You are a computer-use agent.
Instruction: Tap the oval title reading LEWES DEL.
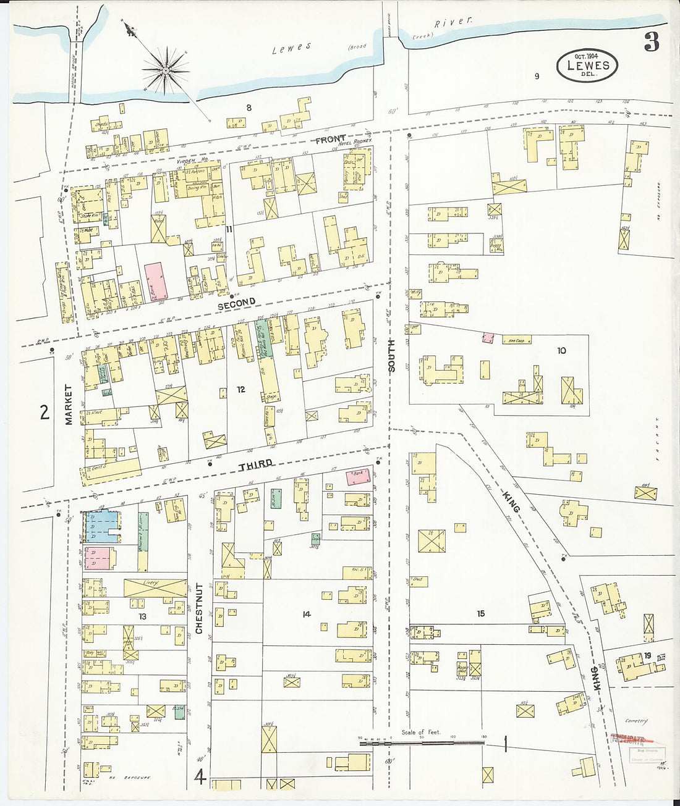click(587, 65)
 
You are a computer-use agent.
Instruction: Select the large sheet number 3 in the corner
click(651, 42)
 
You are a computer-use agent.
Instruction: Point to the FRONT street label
click(331, 140)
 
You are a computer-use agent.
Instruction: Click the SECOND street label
click(236, 302)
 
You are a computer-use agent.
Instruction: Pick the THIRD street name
click(255, 463)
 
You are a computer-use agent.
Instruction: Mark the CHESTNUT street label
click(199, 608)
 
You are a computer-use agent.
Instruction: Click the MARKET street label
click(69, 405)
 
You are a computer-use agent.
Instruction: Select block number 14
click(305, 613)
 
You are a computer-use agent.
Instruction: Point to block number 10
click(561, 351)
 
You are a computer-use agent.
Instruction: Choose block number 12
click(240, 389)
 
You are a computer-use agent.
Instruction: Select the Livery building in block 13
click(155, 587)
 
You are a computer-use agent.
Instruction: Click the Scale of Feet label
click(421, 732)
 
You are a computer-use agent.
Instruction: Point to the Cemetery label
click(635, 721)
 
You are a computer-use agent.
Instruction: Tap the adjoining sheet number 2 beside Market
click(44, 412)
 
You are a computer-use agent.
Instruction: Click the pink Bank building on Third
click(358, 477)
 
